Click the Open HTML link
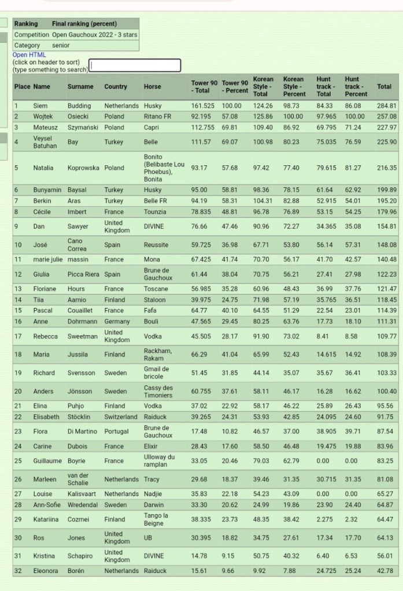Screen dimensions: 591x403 tap(29, 55)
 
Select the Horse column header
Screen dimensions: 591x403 tap(153, 87)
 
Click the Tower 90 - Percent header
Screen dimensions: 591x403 tap(235, 87)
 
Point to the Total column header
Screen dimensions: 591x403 tap(384, 87)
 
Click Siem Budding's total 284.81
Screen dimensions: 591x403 tap(386, 106)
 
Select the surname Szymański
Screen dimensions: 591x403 tap(84, 127)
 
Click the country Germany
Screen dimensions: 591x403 tap(117, 321)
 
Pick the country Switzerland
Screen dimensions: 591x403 tap(121, 417)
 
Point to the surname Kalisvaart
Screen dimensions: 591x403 tap(83, 494)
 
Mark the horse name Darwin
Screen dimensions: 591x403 tap(154, 504)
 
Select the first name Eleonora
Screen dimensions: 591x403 tap(46, 571)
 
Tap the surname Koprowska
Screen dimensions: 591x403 tap(84, 168)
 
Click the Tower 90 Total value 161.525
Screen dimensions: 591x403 tap(202, 106)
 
